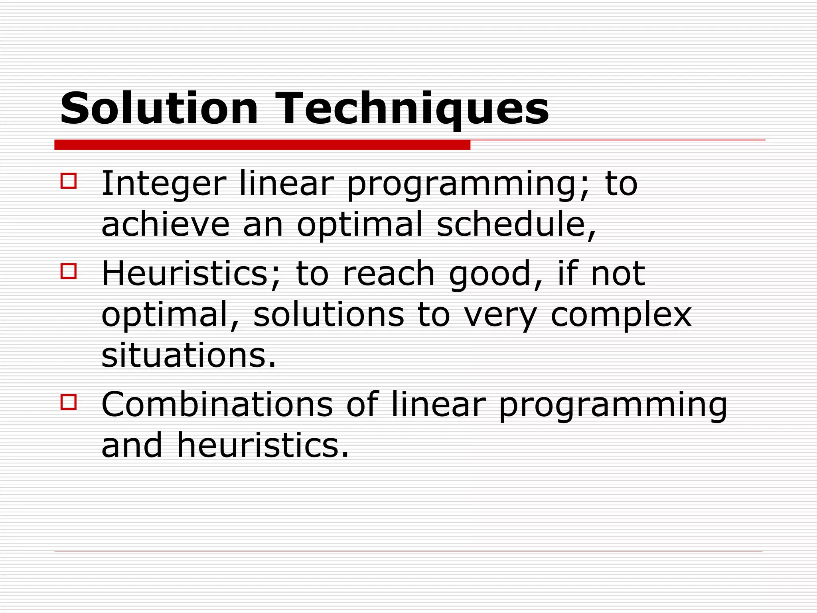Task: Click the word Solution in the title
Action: [x=159, y=109]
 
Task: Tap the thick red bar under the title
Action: [x=262, y=145]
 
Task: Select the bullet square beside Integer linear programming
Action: [x=69, y=181]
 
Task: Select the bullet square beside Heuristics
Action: [x=69, y=271]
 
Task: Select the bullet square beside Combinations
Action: [x=69, y=402]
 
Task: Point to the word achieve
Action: [x=165, y=225]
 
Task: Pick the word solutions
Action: [x=328, y=315]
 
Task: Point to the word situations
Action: [x=188, y=356]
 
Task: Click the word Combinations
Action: [x=217, y=405]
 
